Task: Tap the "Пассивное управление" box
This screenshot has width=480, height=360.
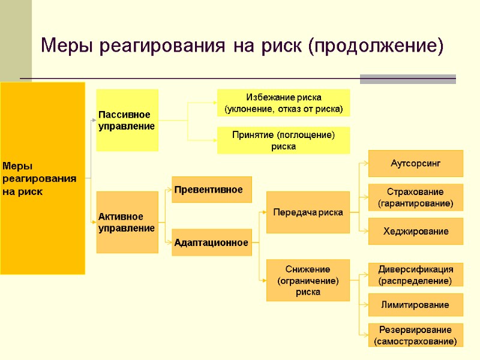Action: [128, 120]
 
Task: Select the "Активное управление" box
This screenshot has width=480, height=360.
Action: [128, 222]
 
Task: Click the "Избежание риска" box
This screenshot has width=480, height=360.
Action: [283, 103]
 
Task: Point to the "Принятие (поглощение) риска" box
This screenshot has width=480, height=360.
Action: [283, 140]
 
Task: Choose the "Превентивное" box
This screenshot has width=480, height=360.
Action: [212, 190]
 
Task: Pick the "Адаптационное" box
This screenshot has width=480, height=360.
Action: [212, 242]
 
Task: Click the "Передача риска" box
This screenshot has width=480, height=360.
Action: [308, 212]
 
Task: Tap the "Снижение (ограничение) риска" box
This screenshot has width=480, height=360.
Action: [308, 280]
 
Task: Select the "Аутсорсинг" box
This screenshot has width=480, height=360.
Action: [415, 163]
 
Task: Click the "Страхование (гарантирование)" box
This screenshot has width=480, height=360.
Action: [415, 197]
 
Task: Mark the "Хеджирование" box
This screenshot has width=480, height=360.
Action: [415, 231]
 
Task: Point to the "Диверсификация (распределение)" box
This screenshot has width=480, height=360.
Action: [415, 274]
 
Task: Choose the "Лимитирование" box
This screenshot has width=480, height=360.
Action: [415, 305]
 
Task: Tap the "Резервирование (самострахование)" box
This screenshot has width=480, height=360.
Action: [415, 335]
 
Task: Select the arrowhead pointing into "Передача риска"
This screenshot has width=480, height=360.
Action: [263, 212]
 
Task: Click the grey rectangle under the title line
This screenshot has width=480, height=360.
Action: [407, 79]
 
